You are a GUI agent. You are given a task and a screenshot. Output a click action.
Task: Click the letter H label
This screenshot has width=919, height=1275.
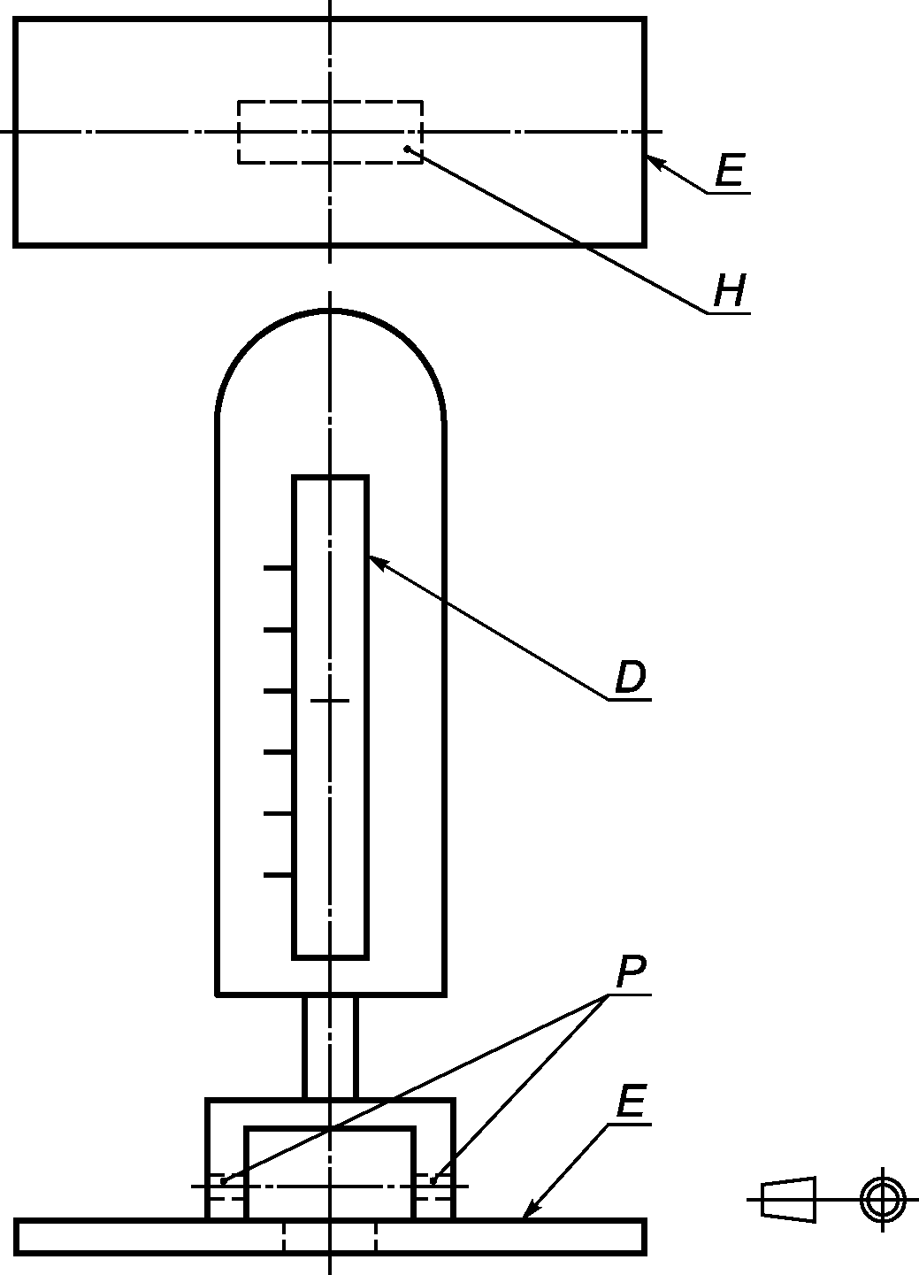point(731,291)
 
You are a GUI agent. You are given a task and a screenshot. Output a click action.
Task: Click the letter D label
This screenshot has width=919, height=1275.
point(631,678)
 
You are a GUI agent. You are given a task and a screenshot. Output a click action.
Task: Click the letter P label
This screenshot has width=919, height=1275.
point(631,973)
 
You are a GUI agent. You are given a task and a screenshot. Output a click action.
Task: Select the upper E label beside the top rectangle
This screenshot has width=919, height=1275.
point(730,170)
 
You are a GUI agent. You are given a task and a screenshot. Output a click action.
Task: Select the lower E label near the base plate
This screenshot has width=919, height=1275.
point(631,1102)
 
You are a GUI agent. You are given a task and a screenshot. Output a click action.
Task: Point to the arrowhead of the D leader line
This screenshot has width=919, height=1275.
point(375,560)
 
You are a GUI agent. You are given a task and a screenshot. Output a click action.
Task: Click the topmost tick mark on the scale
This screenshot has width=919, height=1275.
point(278,568)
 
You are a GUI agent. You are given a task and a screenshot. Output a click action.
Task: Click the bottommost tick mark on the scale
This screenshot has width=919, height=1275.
point(278,875)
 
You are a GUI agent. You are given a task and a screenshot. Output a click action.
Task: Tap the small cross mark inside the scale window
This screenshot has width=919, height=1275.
point(330,701)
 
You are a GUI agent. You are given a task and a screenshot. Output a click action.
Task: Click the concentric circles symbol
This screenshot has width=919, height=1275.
point(883,1200)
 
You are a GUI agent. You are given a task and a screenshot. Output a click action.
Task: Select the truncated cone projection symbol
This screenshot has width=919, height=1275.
point(788,1200)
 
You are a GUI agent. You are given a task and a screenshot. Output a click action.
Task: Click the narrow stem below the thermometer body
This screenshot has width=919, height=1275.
point(330,1047)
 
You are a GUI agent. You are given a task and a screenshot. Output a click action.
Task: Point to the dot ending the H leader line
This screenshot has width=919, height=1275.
point(407,149)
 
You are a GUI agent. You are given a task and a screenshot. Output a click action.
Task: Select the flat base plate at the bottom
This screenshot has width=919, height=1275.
point(133,1236)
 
